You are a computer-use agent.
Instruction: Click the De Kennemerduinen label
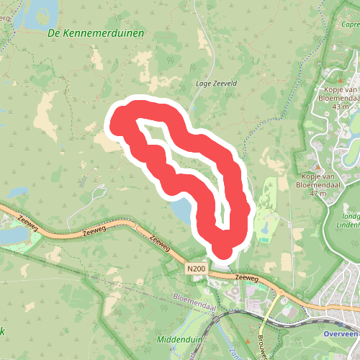[x=95, y=33]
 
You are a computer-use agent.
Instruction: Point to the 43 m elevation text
[x=341, y=107]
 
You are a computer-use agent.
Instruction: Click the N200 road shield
[x=195, y=269]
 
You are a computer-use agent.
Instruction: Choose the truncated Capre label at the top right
[x=351, y=25]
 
